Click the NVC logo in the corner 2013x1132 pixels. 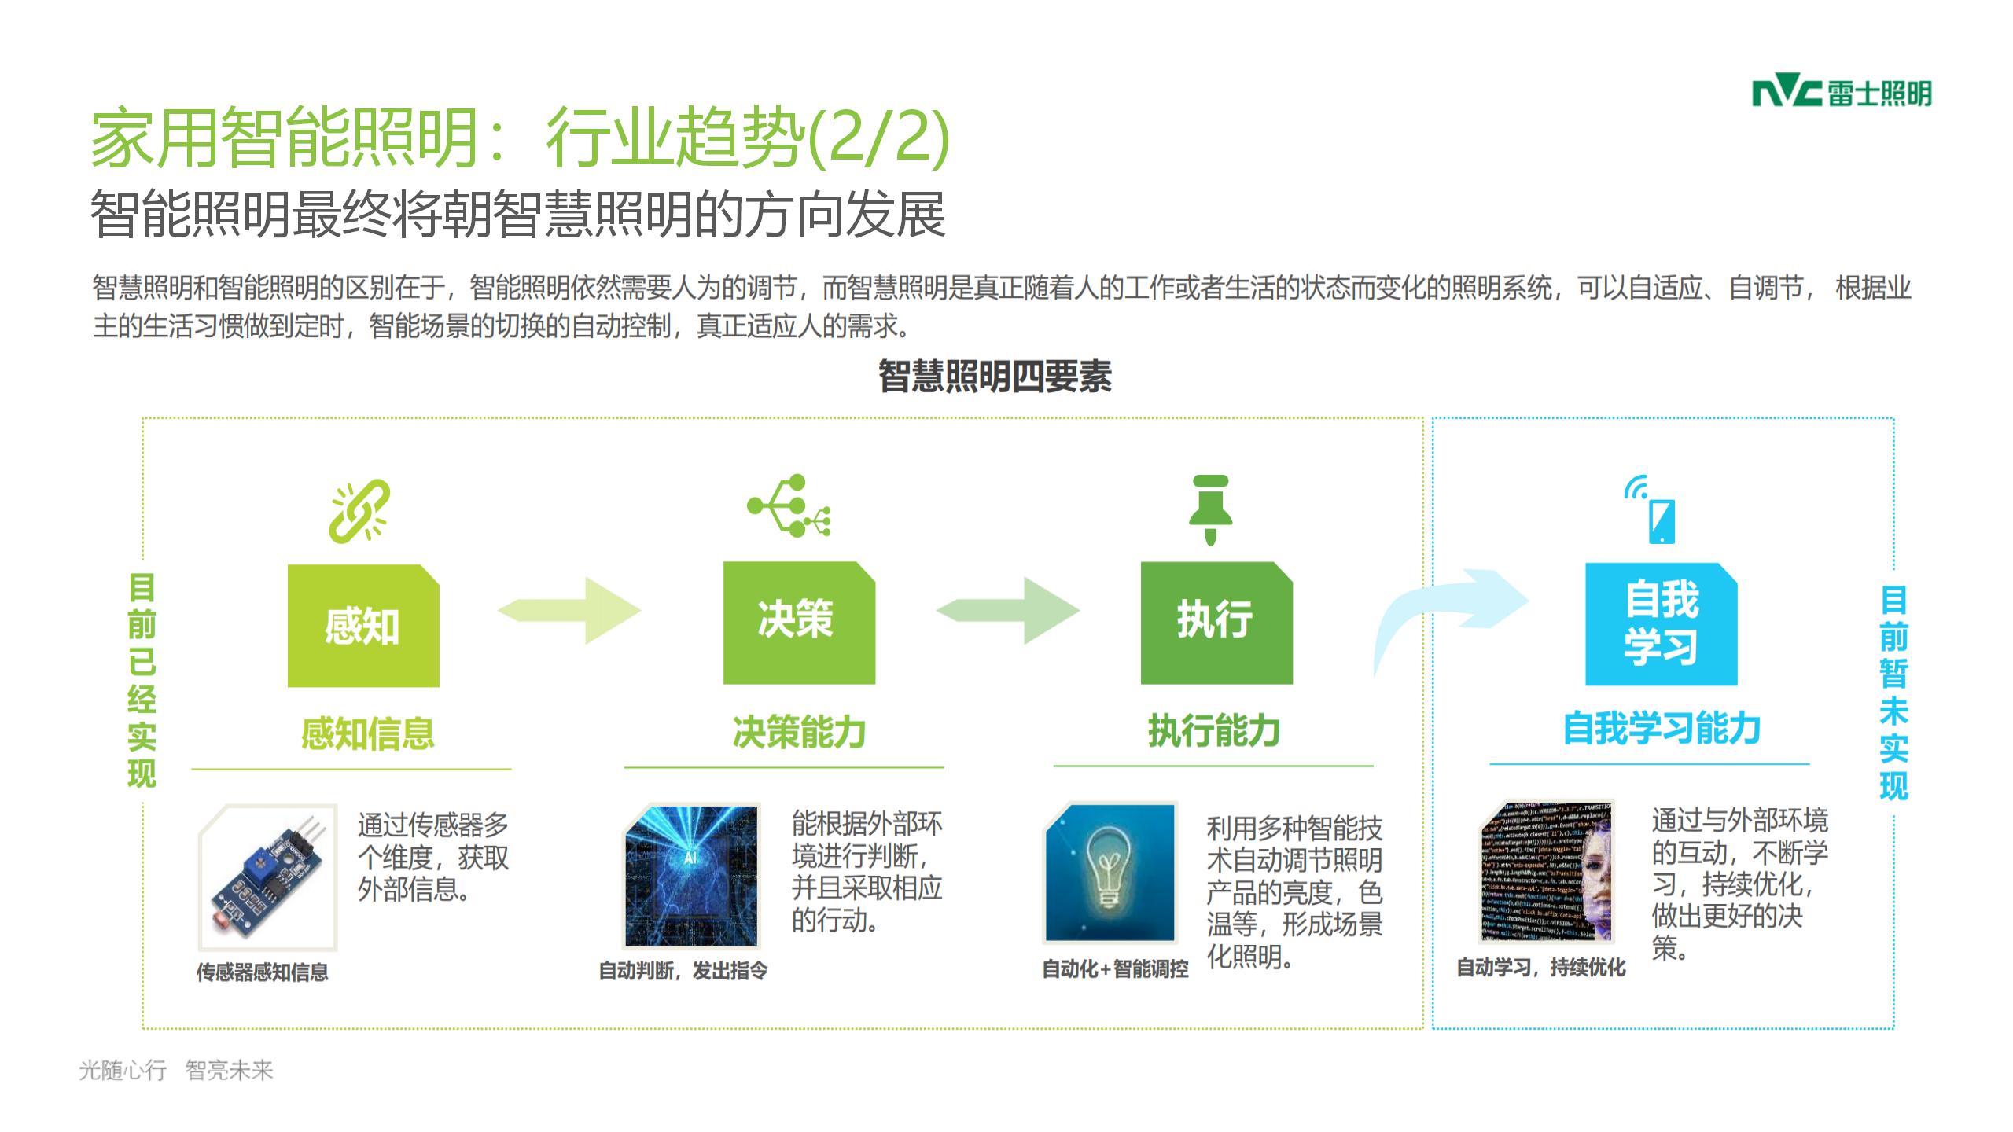tap(1841, 94)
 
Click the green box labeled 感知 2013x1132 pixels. tap(363, 626)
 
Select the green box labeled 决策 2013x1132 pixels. tap(799, 623)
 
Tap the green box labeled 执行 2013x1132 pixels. tap(1216, 623)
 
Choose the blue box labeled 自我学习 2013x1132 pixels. tap(1661, 624)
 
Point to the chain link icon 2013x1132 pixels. tap(360, 511)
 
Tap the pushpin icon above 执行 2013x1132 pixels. tap(1211, 509)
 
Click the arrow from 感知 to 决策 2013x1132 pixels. tap(569, 611)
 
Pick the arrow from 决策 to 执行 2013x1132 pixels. tap(1008, 611)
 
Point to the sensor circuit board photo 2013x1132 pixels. tap(268, 877)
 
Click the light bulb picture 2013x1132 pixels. tap(1110, 873)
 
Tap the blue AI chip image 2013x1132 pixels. tap(691, 875)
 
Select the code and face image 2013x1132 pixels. tap(1547, 871)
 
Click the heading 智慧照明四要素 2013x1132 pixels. tap(995, 377)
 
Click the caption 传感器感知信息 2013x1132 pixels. tap(263, 972)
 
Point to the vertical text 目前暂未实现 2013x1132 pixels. tap(1893, 692)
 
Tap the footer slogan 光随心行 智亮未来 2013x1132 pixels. tap(176, 1070)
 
